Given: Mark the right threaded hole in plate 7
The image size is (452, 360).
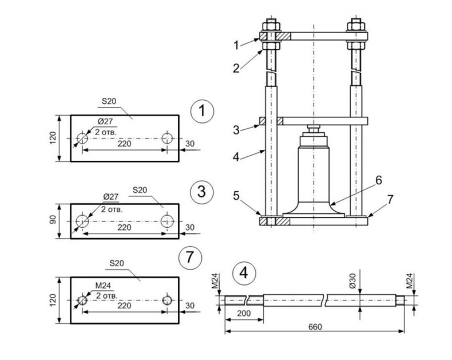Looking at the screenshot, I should pos(167,299).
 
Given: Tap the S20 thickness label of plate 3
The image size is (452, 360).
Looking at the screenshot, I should pos(140,189).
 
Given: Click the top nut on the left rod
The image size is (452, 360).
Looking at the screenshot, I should pos(269,27).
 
